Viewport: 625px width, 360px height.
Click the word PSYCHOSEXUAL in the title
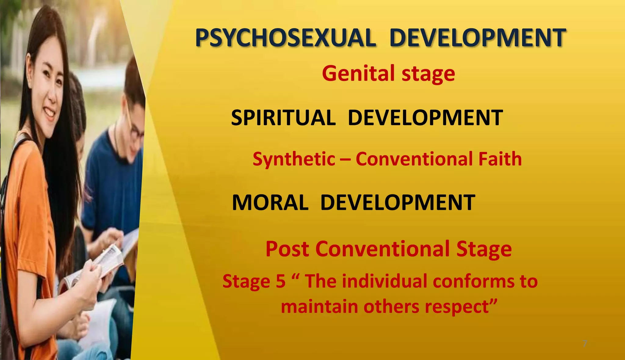[x=285, y=38]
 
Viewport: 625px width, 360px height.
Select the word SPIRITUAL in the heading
[x=283, y=118]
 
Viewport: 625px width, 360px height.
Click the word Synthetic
[x=294, y=159]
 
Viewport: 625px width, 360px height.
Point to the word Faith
[x=500, y=159]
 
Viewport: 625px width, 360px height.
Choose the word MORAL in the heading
[x=270, y=202]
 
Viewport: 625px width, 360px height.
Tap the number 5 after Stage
[x=280, y=281]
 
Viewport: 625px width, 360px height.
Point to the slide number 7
[x=585, y=344]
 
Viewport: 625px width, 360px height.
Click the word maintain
[x=319, y=306]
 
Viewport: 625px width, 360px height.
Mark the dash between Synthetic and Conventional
[x=345, y=159]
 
